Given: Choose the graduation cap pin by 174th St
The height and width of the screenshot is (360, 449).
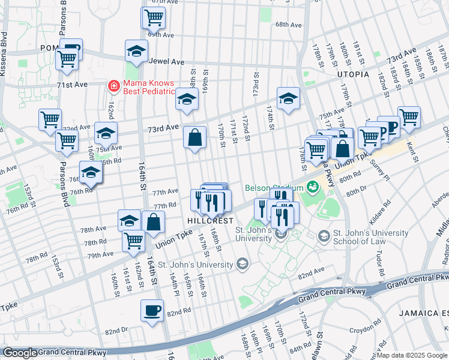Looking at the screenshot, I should [288, 98].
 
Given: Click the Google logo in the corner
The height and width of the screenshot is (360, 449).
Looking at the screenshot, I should [20, 353].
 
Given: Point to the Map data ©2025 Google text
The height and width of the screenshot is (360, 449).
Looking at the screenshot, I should [412, 355].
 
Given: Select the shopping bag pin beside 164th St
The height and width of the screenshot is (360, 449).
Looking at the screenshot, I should [154, 221].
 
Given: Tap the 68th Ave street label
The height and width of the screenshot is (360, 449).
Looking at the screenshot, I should [288, 25].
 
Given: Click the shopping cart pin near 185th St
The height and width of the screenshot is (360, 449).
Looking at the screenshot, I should [409, 118].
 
